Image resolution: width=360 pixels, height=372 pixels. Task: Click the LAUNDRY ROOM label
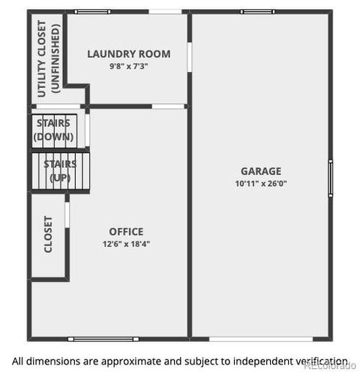(x=129, y=54)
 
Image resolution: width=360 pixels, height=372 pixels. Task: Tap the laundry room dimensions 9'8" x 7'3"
(x=129, y=66)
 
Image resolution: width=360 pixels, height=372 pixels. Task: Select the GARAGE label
(x=261, y=171)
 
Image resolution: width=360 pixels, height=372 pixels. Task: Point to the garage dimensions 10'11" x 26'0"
(x=261, y=184)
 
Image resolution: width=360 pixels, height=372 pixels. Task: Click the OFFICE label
(x=126, y=232)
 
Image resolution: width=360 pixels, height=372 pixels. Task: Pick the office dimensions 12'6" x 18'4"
(x=126, y=244)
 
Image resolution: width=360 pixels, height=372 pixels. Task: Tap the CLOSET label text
(x=48, y=234)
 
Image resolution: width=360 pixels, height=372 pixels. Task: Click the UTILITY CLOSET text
(x=42, y=58)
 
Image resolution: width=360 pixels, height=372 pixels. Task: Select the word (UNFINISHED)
(x=55, y=58)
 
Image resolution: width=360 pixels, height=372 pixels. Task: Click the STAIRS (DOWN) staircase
(x=54, y=131)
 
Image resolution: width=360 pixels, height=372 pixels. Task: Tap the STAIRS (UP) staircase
(x=61, y=171)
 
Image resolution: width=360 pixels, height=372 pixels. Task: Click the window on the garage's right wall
(x=331, y=178)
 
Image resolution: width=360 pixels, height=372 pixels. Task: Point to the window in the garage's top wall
(x=258, y=12)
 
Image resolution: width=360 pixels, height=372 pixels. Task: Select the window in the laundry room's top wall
(x=92, y=12)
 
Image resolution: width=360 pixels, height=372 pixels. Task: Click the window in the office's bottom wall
(x=103, y=339)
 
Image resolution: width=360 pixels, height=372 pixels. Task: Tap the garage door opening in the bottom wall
(x=261, y=339)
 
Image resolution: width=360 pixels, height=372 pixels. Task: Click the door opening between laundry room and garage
(x=190, y=57)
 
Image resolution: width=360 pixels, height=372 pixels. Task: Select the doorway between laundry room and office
(x=168, y=106)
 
